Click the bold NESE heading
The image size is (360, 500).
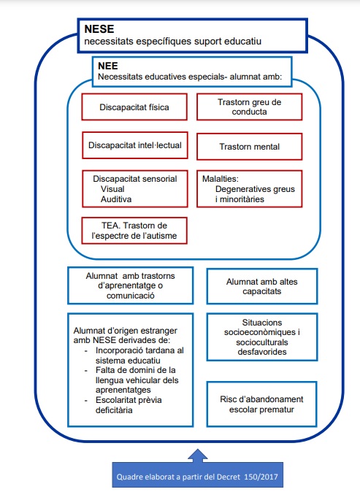99,29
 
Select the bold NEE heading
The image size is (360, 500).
108,66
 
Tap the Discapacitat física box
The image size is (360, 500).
134,107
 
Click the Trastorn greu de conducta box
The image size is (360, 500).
249,107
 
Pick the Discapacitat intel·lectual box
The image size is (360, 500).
135,145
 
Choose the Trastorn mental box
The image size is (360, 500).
249,147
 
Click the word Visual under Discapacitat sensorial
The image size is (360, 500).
112,189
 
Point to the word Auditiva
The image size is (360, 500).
116,199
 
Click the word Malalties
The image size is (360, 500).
221,179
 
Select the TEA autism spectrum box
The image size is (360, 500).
134,231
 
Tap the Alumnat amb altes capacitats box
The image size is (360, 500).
262,286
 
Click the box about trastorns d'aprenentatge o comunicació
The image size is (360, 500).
131,285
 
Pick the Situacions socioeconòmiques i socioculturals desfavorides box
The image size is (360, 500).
262,337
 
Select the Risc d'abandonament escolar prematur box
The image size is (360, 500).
262,404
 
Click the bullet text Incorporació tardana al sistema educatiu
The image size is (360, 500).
139,355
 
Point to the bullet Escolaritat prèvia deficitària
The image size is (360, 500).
129,405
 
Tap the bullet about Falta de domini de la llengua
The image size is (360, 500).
137,380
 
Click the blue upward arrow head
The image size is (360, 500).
198,455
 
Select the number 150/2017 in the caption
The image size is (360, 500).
261,477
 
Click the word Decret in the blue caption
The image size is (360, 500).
229,477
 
